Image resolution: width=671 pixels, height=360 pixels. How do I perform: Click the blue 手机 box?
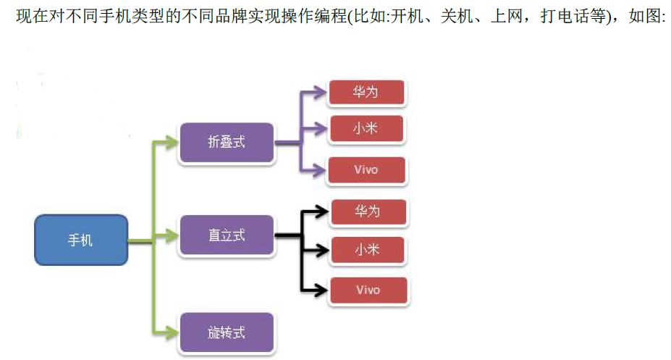[x=80, y=240]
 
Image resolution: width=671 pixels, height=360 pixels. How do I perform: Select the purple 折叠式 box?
[x=227, y=142]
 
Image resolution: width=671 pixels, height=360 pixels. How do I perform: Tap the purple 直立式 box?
[x=227, y=235]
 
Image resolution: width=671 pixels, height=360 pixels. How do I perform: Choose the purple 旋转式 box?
[x=227, y=332]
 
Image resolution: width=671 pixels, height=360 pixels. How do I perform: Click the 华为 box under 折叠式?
[x=366, y=93]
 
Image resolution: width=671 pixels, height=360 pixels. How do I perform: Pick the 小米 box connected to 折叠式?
[x=366, y=129]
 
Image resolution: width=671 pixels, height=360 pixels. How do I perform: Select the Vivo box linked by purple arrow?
[x=366, y=170]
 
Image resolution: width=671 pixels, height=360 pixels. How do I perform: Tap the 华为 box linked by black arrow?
[x=368, y=212]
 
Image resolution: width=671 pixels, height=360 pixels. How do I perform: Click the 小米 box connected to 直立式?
[x=368, y=251]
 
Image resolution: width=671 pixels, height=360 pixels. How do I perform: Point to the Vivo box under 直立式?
[x=368, y=290]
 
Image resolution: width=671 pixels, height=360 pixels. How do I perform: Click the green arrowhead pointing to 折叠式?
[x=171, y=141]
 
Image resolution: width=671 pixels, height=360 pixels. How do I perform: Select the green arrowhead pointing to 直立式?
[x=171, y=235]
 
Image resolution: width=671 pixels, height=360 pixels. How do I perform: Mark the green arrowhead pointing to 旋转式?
[x=171, y=332]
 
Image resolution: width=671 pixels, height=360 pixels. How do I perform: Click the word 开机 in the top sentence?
[x=406, y=17]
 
